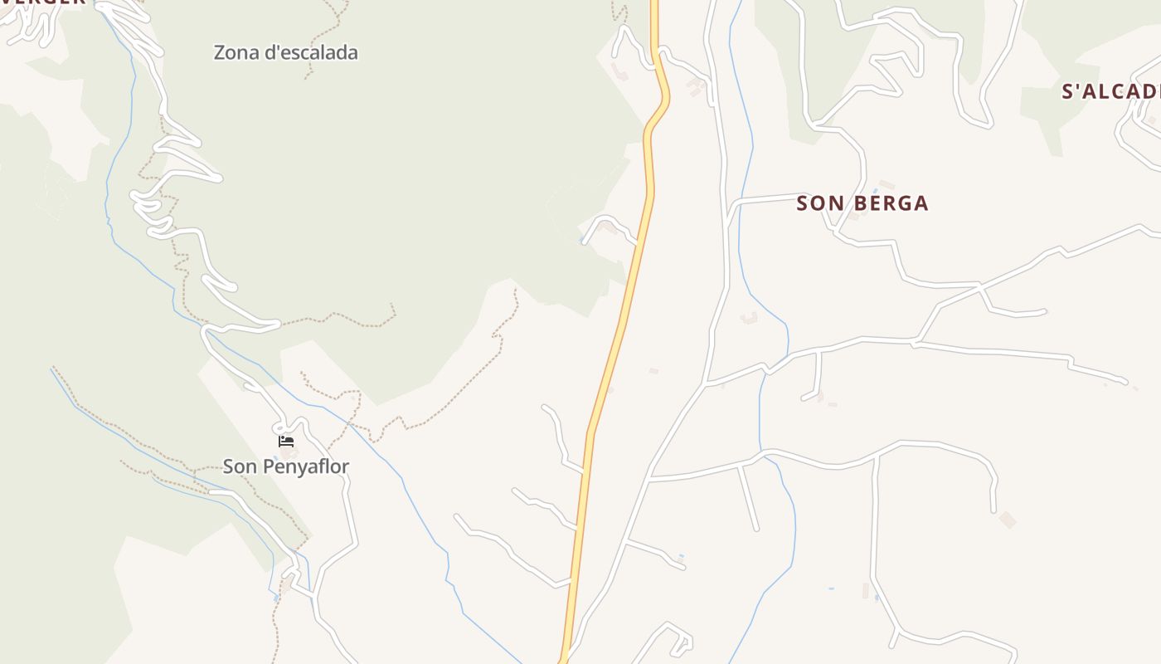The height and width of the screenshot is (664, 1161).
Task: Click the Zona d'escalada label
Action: [x=285, y=52]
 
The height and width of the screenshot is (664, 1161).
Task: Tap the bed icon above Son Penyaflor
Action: [x=286, y=441]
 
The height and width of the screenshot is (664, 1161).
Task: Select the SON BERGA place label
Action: [x=862, y=203]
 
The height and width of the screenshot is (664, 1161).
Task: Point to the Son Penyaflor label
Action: [x=286, y=466]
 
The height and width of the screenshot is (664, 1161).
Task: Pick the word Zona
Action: [x=236, y=52]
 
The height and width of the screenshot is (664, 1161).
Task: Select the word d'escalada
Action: [x=311, y=52]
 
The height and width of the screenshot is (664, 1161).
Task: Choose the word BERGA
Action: [x=890, y=203]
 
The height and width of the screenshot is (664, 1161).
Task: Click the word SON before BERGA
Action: [x=815, y=203]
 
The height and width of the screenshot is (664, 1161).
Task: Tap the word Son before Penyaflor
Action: [x=240, y=466]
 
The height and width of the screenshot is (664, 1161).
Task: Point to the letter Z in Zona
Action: [x=220, y=52]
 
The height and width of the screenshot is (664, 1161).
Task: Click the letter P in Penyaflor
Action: [x=269, y=466]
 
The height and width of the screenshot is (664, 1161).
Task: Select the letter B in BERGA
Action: [x=859, y=203]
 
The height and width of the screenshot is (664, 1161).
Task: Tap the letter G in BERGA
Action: [x=905, y=203]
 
